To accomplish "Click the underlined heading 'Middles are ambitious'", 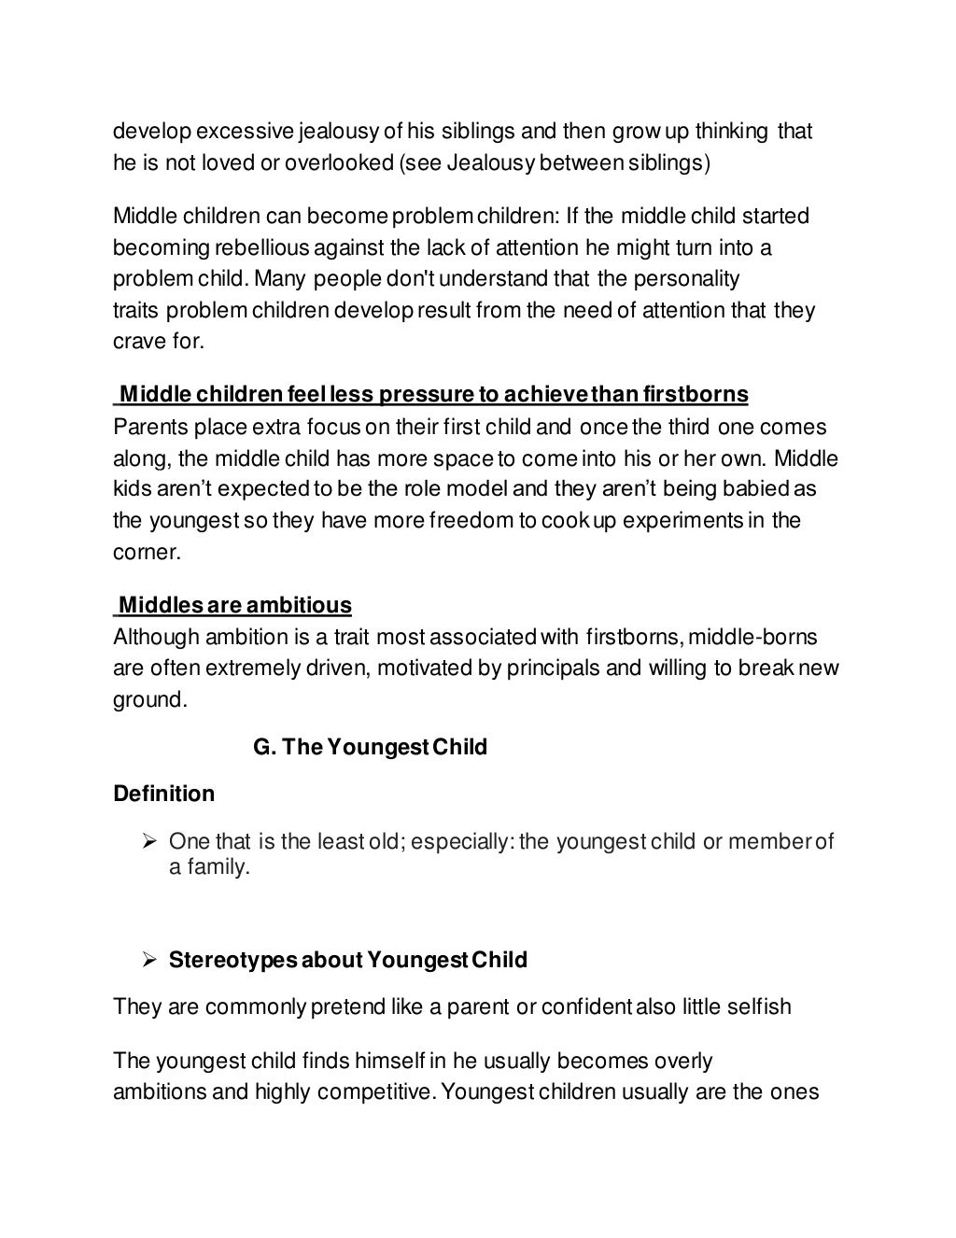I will point(234,606).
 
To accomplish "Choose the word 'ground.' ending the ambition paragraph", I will point(150,700).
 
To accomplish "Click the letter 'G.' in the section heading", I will point(262,747).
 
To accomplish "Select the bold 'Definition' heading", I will point(163,794).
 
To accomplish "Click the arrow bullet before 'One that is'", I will point(147,842).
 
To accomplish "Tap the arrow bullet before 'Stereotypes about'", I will point(147,960).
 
